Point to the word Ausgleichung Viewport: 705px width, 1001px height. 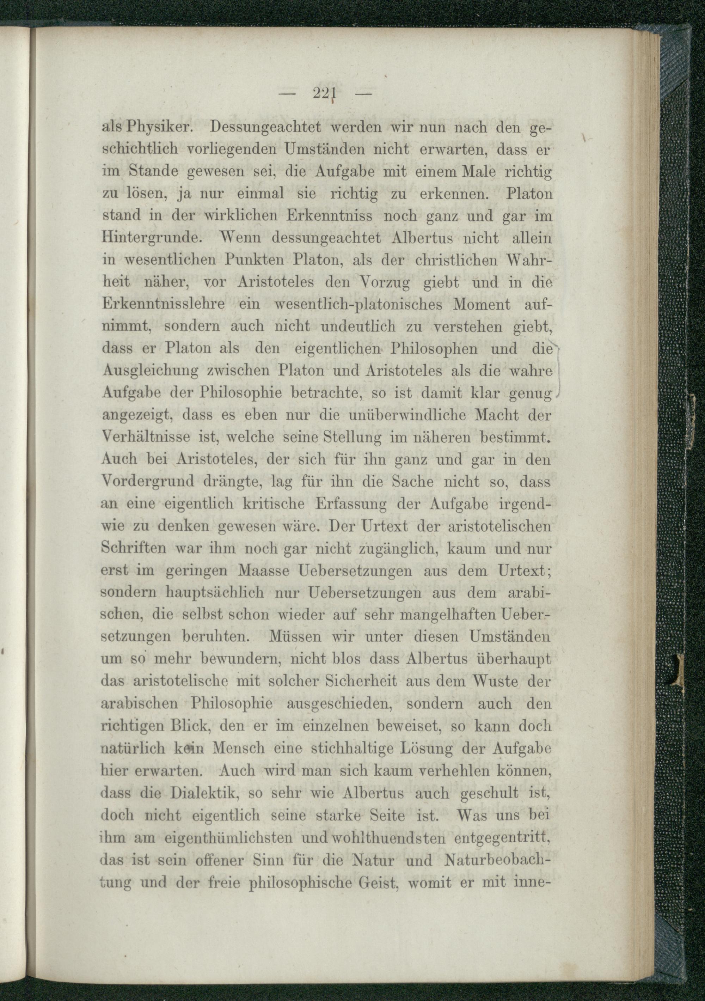click(x=151, y=371)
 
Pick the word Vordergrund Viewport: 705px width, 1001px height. click(x=147, y=482)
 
